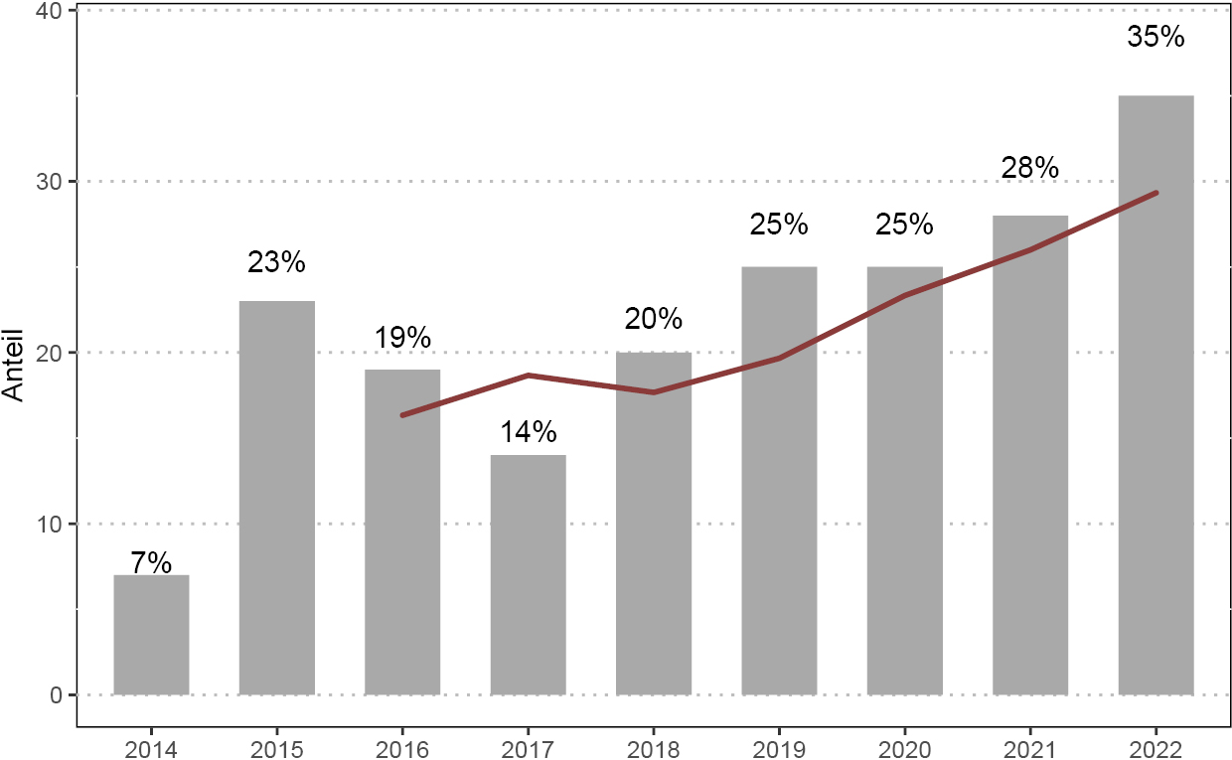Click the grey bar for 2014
pyautogui.click(x=151, y=635)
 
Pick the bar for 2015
pyautogui.click(x=277, y=498)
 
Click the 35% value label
pyautogui.click(x=1156, y=37)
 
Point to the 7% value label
pyautogui.click(x=151, y=563)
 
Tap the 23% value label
pyautogui.click(x=277, y=262)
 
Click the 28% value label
pyautogui.click(x=1030, y=168)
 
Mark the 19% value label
pyautogui.click(x=402, y=338)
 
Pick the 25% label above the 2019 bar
pyautogui.click(x=779, y=225)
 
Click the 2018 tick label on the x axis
pyautogui.click(x=654, y=747)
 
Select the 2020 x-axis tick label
pyautogui.click(x=904, y=747)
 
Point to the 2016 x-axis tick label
pyautogui.click(x=402, y=747)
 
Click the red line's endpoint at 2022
pyautogui.click(x=1156, y=193)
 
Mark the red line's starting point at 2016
pyautogui.click(x=402, y=415)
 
